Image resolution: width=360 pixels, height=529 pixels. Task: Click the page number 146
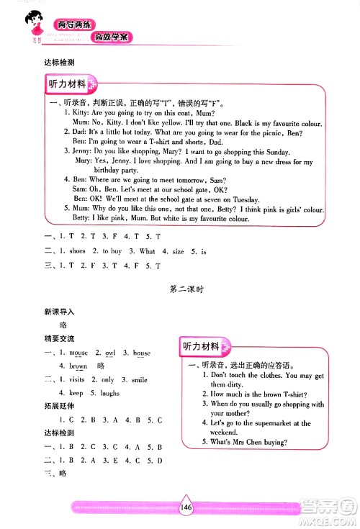186,507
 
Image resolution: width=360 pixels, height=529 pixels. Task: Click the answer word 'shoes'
77,251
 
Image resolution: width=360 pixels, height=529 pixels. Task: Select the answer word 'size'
178,251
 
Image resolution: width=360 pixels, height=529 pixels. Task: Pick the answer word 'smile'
139,379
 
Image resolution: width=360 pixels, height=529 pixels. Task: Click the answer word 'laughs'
109,393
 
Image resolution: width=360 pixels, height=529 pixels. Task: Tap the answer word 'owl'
110,353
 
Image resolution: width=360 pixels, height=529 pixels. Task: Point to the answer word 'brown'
78,366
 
